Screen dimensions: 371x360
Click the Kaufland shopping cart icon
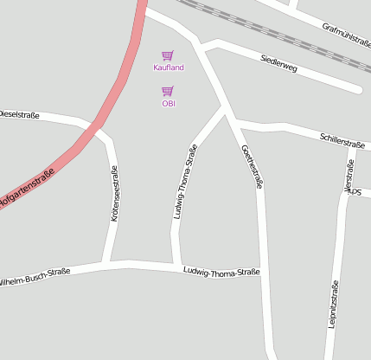point(168,55)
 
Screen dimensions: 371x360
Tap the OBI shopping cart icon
point(168,91)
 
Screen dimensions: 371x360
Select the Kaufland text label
point(169,67)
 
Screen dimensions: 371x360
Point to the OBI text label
point(169,104)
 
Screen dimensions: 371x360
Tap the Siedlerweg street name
point(278,63)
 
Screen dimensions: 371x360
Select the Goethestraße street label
point(252,166)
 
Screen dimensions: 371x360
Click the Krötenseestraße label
point(114,194)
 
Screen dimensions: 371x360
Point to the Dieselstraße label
point(19,113)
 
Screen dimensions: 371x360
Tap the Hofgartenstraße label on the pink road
point(27,190)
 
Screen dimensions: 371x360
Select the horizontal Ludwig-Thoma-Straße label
point(221,272)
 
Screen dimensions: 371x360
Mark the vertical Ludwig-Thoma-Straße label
point(185,181)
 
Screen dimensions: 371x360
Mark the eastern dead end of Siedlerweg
point(357,88)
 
